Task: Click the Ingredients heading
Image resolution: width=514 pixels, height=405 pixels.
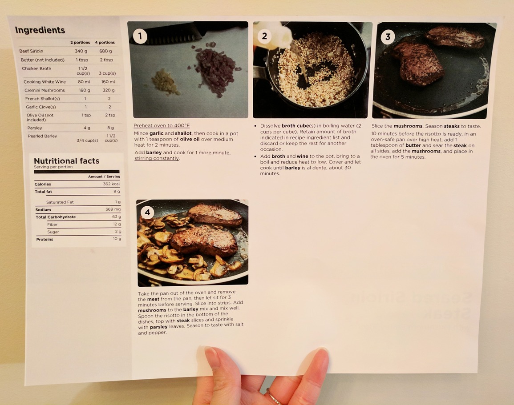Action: [x=40, y=30]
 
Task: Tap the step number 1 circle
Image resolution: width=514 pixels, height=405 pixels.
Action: [x=140, y=36]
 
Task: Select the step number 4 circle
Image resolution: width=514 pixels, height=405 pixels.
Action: [x=147, y=213]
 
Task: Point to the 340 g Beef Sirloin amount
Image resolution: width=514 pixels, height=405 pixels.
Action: [x=81, y=51]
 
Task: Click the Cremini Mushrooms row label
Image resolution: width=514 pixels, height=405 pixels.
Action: [x=45, y=90]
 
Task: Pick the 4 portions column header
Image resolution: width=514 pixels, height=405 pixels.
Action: [x=105, y=43]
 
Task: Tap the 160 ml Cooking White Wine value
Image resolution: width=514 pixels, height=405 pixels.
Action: [x=108, y=82]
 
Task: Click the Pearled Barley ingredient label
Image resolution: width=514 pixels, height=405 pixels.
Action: [x=42, y=136]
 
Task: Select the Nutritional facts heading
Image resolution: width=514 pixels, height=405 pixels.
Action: [x=67, y=161]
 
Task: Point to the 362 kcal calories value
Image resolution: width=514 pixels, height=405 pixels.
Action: [x=111, y=184]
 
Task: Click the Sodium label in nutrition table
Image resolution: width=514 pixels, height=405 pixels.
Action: [x=43, y=209]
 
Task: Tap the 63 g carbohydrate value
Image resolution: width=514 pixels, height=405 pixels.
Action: [x=117, y=217]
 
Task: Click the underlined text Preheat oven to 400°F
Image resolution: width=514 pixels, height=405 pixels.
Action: [x=162, y=125]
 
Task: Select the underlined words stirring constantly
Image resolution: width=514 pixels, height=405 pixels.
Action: [x=157, y=158]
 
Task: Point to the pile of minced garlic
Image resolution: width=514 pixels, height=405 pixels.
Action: [x=165, y=81]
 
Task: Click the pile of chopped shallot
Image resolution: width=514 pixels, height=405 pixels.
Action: [x=215, y=69]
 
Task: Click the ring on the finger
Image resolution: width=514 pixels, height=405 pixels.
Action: [x=273, y=397]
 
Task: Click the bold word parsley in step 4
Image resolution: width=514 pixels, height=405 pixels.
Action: [x=159, y=327]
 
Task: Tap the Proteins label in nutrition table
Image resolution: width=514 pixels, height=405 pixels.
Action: [x=45, y=239]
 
